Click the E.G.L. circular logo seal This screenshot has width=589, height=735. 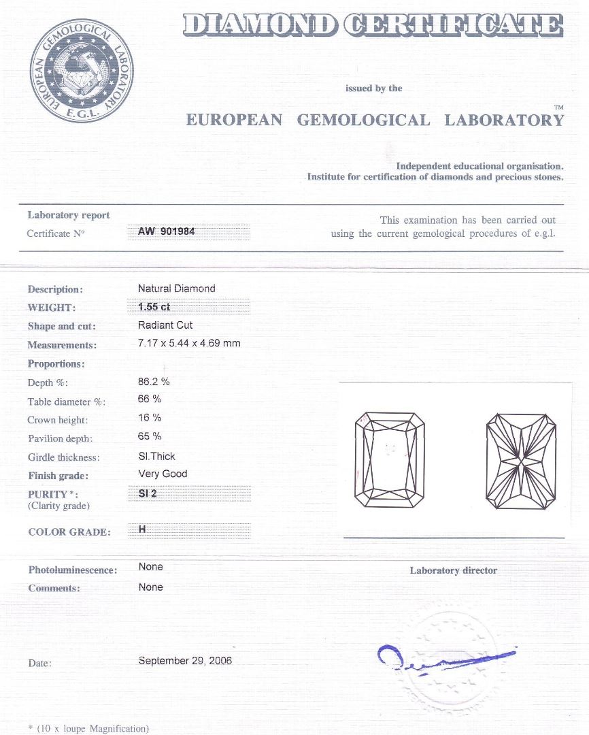pyautogui.click(x=82, y=71)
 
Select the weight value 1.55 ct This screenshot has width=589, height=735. pyautogui.click(x=154, y=307)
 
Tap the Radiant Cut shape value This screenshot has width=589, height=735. pyautogui.click(x=165, y=325)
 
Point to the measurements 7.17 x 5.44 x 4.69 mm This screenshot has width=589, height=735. pyautogui.click(x=189, y=343)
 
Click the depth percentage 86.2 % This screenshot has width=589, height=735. pyautogui.click(x=154, y=382)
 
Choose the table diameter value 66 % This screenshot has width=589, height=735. pyautogui.click(x=149, y=399)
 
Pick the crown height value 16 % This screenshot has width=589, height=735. pyautogui.click(x=149, y=418)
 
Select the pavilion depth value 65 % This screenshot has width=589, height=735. pyautogui.click(x=149, y=436)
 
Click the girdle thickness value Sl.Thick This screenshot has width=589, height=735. pyautogui.click(x=156, y=456)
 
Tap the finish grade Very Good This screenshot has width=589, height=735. pyautogui.click(x=163, y=474)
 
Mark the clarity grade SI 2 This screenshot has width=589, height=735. pyautogui.click(x=148, y=493)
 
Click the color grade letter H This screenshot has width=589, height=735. pyautogui.click(x=142, y=530)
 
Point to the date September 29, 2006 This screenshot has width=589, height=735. pyautogui.click(x=185, y=661)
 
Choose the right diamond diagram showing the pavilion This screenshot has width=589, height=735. pyautogui.click(x=522, y=459)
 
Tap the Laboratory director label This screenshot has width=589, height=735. pyautogui.click(x=453, y=570)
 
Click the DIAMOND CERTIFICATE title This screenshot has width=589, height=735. pyautogui.click(x=373, y=26)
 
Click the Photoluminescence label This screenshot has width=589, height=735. pyautogui.click(x=73, y=570)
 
